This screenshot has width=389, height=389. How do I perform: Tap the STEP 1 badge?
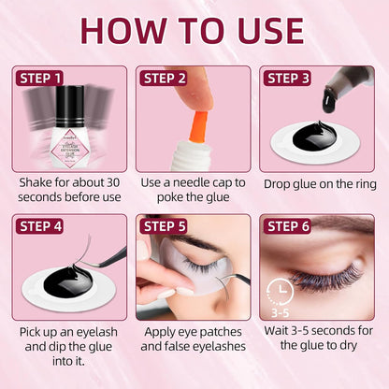click(x=40, y=78)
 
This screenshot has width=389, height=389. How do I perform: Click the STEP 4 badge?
click(x=40, y=224)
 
